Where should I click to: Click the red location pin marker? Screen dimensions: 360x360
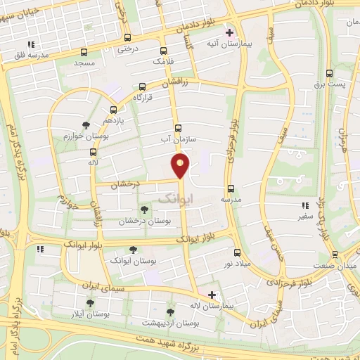(x=181, y=165)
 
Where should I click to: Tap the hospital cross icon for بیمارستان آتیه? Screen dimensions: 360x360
(x=229, y=32)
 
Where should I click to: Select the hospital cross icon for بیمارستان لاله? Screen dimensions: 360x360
(x=212, y=294)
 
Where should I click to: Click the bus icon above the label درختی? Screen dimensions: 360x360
(x=127, y=38)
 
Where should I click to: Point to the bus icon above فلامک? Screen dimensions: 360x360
(x=164, y=51)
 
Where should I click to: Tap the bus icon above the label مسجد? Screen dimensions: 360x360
(x=84, y=52)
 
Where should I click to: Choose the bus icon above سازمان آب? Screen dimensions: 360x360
(x=177, y=129)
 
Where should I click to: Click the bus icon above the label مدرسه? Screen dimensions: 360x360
(x=231, y=188)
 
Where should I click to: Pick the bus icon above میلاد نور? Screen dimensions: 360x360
(x=236, y=252)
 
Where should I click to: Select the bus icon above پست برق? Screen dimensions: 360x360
(x=329, y=73)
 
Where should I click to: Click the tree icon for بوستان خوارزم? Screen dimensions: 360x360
(x=86, y=125)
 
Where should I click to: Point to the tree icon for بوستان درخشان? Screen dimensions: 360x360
(x=144, y=210)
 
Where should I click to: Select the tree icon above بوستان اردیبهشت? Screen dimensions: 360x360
(x=169, y=311)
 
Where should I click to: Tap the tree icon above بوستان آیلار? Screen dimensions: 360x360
(x=89, y=303)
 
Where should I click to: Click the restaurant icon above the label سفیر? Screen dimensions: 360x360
(x=305, y=206)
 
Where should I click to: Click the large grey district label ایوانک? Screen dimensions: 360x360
(x=173, y=199)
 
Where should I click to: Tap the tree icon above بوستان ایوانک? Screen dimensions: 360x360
(x=133, y=249)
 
